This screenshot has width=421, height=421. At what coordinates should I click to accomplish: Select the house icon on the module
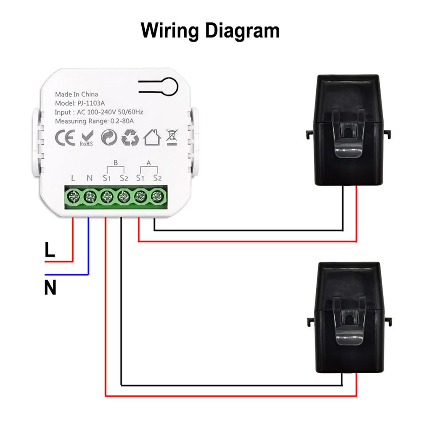pos(152,138)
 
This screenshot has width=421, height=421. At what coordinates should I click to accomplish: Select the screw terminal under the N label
pos(90,196)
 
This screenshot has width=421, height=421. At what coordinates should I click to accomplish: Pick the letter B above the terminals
pos(116,162)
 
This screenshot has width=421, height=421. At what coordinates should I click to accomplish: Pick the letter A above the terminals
pos(148,162)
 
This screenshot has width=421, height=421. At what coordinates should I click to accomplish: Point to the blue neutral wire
pos(88,252)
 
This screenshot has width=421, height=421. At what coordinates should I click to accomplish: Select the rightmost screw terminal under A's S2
pos(157,196)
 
